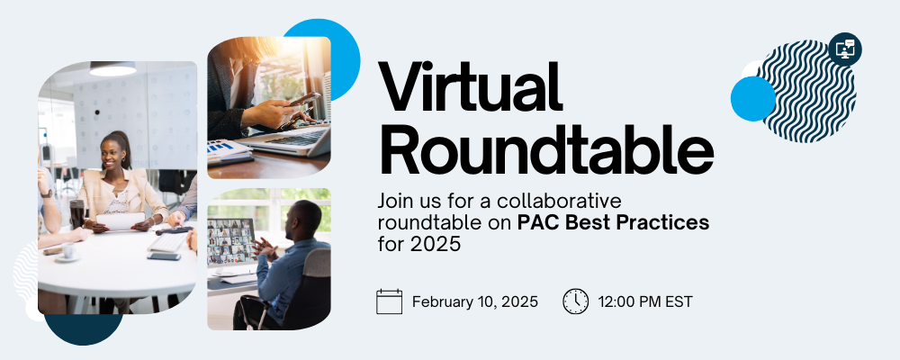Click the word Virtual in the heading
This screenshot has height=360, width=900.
click(x=470, y=86)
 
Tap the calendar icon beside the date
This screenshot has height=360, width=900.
click(x=389, y=301)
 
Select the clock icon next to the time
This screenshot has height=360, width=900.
click(x=576, y=301)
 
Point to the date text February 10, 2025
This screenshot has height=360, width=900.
click(x=475, y=302)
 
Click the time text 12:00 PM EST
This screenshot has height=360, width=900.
click(x=645, y=302)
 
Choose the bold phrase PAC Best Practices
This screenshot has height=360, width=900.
click(x=613, y=223)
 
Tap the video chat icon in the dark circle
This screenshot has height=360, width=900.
click(x=845, y=49)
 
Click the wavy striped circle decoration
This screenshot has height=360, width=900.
click(x=808, y=92)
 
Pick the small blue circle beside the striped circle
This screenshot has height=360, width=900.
click(x=753, y=99)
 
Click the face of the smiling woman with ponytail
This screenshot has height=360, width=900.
click(x=112, y=153)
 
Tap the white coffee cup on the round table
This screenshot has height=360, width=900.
click(x=68, y=251)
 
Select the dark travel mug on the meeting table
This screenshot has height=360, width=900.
click(x=76, y=214)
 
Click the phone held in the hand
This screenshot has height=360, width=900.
click(x=303, y=99)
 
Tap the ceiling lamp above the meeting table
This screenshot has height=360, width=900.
click(x=113, y=68)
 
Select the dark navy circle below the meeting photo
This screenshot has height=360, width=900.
click(x=83, y=329)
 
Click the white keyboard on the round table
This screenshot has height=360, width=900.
click(x=167, y=242)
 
